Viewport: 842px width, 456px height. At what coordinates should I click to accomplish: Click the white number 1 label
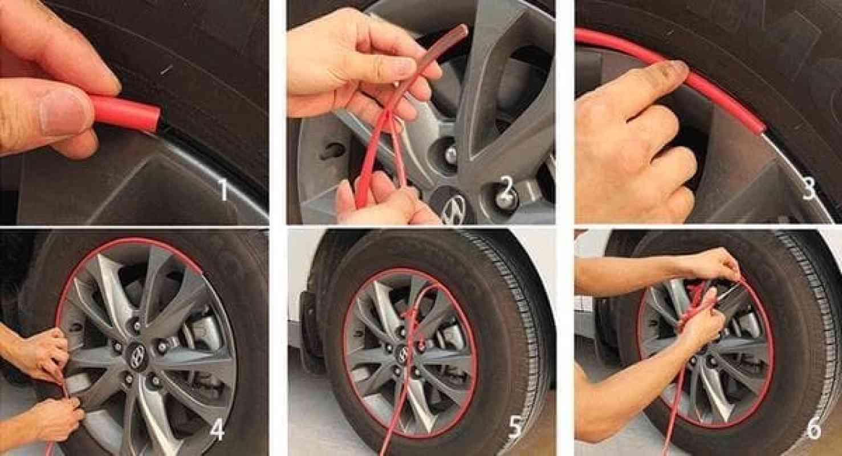223,190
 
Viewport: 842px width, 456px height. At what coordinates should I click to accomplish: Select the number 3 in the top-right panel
809,189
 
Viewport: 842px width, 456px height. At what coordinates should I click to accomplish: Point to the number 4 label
217,431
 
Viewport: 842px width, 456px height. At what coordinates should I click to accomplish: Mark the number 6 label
813,430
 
